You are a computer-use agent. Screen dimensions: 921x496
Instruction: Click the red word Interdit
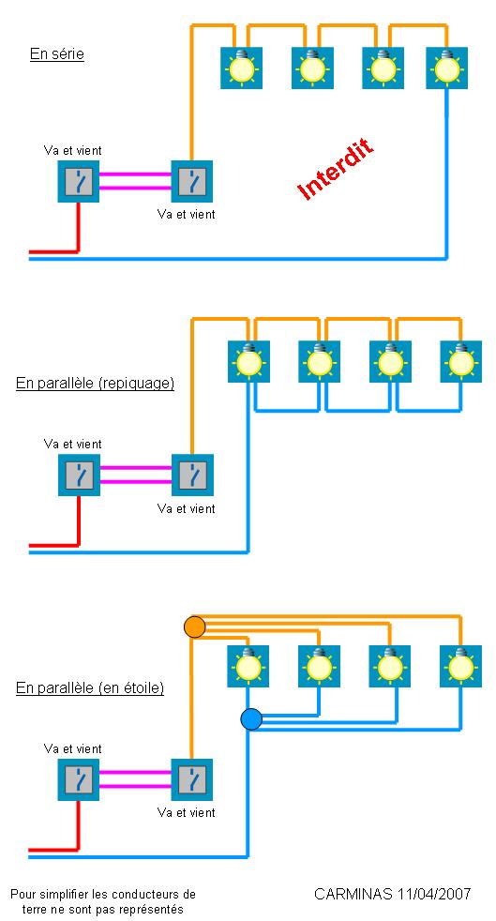click(335, 170)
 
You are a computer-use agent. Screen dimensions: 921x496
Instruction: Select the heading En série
click(57, 54)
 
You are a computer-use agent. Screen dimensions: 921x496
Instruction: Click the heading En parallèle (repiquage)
click(95, 384)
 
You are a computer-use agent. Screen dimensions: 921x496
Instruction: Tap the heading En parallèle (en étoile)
click(90, 688)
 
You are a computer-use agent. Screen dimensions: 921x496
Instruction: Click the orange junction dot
click(194, 627)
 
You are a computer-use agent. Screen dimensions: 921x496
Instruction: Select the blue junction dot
click(250, 719)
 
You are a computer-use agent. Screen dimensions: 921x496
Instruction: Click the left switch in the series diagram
click(79, 182)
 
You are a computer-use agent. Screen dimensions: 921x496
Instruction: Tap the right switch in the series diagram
click(192, 182)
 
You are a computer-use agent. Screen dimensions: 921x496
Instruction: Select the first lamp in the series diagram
click(242, 68)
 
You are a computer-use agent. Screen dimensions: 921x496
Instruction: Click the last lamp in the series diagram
click(445, 68)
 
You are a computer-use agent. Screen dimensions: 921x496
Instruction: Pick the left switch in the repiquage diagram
click(79, 476)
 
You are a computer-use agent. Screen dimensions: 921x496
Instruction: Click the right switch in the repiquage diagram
click(192, 476)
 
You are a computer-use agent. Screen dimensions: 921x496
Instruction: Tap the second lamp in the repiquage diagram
click(320, 361)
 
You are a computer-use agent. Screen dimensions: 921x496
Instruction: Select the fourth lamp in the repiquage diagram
click(460, 361)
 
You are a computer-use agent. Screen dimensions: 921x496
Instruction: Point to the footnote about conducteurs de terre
click(103, 902)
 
